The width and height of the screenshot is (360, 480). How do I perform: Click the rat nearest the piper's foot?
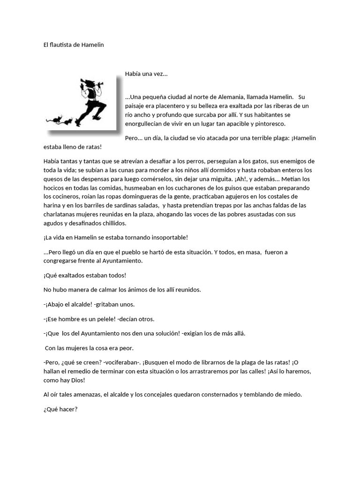click(68, 122)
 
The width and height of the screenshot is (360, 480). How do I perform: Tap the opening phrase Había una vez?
click(146, 74)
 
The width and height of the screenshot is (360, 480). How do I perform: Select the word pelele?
click(101, 319)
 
